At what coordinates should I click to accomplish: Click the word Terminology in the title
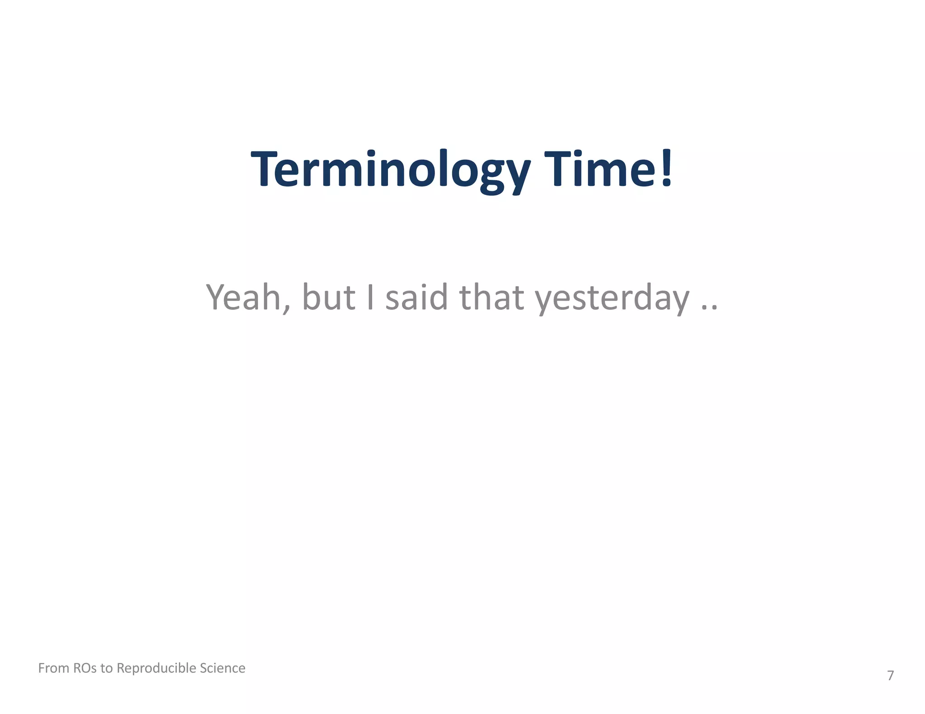point(391,169)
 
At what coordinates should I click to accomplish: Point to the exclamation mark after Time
point(667,168)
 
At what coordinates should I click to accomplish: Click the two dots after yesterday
point(709,308)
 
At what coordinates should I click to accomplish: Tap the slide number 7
point(890,676)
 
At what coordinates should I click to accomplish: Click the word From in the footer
point(53,668)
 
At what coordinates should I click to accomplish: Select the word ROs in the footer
point(84,668)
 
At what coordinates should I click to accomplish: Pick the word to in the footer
point(107,668)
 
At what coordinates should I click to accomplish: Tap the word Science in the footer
point(223,668)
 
